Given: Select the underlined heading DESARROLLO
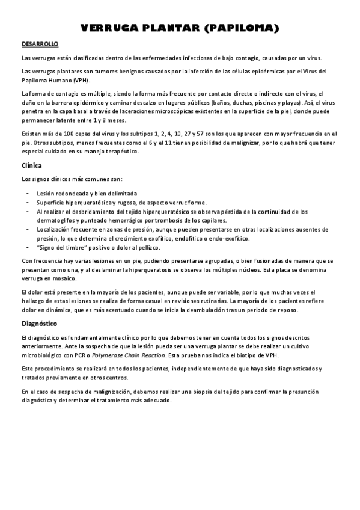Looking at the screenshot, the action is (x=40, y=45).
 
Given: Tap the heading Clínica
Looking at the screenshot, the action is (x=31, y=165).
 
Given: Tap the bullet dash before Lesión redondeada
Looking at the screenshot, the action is (x=29, y=194).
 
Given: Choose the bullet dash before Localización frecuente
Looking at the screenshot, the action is (x=29, y=229).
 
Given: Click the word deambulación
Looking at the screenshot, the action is (x=195, y=310).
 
